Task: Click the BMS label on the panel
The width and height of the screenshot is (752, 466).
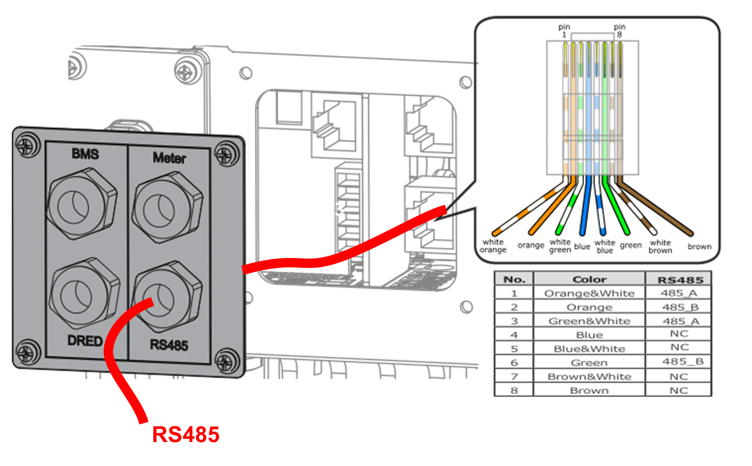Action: click(85, 154)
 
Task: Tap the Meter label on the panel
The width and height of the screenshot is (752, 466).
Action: click(169, 158)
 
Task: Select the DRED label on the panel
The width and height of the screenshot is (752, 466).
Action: click(85, 341)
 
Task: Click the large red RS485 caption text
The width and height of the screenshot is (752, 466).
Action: click(186, 435)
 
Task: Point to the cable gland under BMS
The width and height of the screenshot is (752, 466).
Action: click(82, 204)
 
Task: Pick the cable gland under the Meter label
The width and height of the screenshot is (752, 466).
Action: click(167, 207)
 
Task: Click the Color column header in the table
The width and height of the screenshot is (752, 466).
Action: click(589, 279)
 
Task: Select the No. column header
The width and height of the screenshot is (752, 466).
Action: click(514, 279)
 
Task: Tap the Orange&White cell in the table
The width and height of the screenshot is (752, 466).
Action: click(589, 293)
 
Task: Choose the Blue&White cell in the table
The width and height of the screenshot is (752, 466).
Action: click(589, 349)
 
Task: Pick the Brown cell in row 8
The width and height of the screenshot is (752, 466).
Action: click(589, 391)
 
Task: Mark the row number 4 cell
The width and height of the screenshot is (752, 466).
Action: click(514, 335)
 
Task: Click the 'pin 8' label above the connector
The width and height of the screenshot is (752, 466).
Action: click(619, 31)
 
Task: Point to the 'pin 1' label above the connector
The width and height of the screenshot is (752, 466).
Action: click(564, 31)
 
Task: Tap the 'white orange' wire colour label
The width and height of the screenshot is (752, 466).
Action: click(493, 246)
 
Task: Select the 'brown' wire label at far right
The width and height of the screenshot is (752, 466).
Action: click(699, 246)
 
